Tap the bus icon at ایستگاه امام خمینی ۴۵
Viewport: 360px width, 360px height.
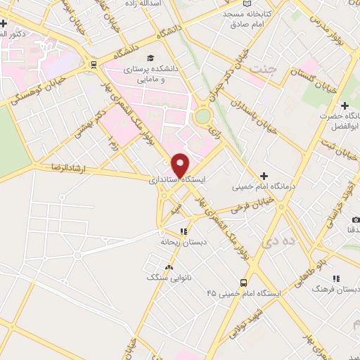243,283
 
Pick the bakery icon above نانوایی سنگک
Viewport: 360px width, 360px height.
168,267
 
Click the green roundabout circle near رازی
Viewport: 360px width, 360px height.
203,116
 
